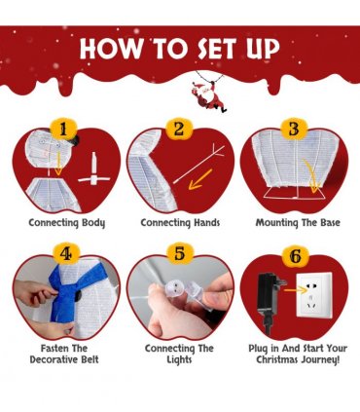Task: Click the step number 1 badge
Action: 63,131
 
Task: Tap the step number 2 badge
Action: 179,130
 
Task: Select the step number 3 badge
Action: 294,130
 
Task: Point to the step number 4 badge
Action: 66,254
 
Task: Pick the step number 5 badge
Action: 180,253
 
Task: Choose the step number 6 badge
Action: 295,257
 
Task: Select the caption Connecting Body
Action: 67,223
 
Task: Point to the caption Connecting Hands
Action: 180,223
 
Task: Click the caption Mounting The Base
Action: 298,223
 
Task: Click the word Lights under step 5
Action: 180,360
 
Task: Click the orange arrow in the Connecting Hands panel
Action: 200,179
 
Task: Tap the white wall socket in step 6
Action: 314,295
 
